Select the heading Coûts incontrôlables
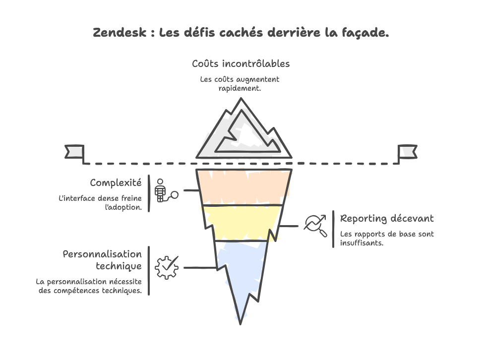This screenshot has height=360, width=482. point(241,64)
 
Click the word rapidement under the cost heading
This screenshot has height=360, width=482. point(240,88)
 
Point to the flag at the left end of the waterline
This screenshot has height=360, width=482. point(75,151)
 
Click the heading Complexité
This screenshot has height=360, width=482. point(116,183)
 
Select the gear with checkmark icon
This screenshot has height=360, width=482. point(167,267)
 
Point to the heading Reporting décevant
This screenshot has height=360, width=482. point(387,218)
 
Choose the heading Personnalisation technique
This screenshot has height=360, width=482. point(102,260)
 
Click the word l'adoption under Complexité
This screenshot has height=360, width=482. point(123,207)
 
